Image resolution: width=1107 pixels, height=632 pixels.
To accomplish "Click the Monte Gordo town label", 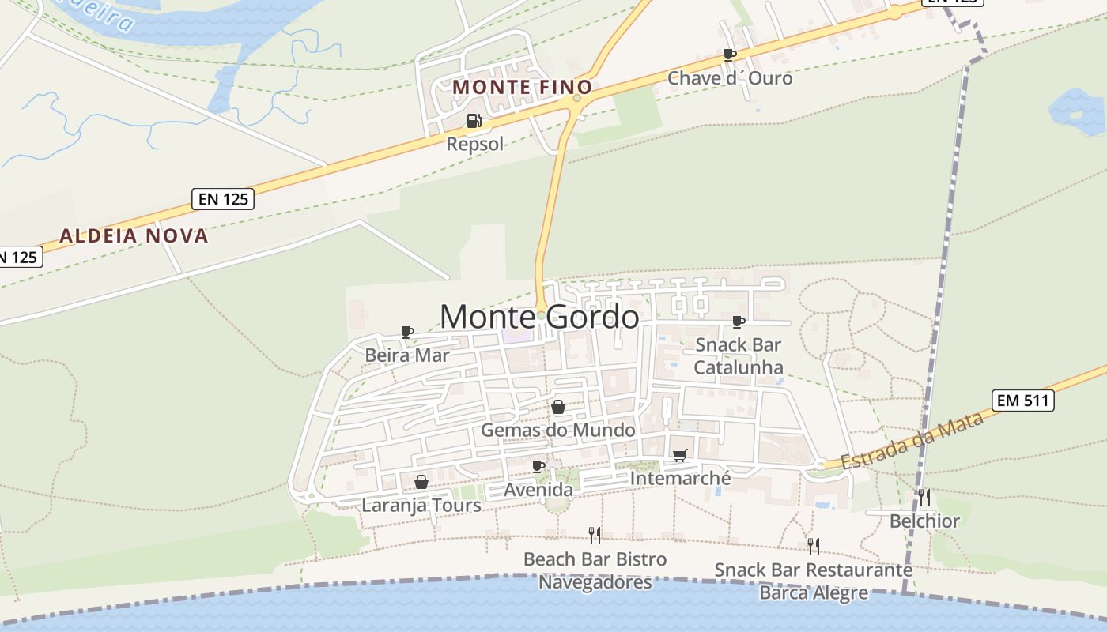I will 539,317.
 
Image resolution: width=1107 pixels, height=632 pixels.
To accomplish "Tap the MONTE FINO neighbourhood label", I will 523,87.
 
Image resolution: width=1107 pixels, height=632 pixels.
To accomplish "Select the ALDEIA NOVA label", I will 134,235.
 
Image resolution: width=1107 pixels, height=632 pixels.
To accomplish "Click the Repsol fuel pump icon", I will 474,121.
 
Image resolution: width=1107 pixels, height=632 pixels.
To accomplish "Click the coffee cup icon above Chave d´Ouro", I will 730,55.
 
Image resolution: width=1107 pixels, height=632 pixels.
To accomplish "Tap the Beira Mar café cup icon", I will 407,332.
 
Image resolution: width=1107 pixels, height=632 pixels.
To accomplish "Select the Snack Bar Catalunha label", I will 739,355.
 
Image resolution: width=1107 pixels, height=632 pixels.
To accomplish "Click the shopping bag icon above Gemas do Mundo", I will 558,407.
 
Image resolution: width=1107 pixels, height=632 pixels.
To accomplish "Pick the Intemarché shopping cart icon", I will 680,455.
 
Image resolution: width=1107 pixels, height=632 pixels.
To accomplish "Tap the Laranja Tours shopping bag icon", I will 421,482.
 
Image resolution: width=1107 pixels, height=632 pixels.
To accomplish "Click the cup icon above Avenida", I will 538,466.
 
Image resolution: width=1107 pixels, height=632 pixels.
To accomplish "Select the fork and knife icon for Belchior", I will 924,497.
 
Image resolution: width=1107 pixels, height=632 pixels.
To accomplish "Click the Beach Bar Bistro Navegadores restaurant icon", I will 595,536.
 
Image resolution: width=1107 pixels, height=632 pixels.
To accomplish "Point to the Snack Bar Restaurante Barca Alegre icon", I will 813,546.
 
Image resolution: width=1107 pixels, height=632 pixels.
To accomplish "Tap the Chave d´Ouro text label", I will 730,78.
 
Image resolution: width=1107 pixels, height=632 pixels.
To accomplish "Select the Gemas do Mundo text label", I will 558,431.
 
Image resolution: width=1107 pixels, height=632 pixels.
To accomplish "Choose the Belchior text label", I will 924,521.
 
